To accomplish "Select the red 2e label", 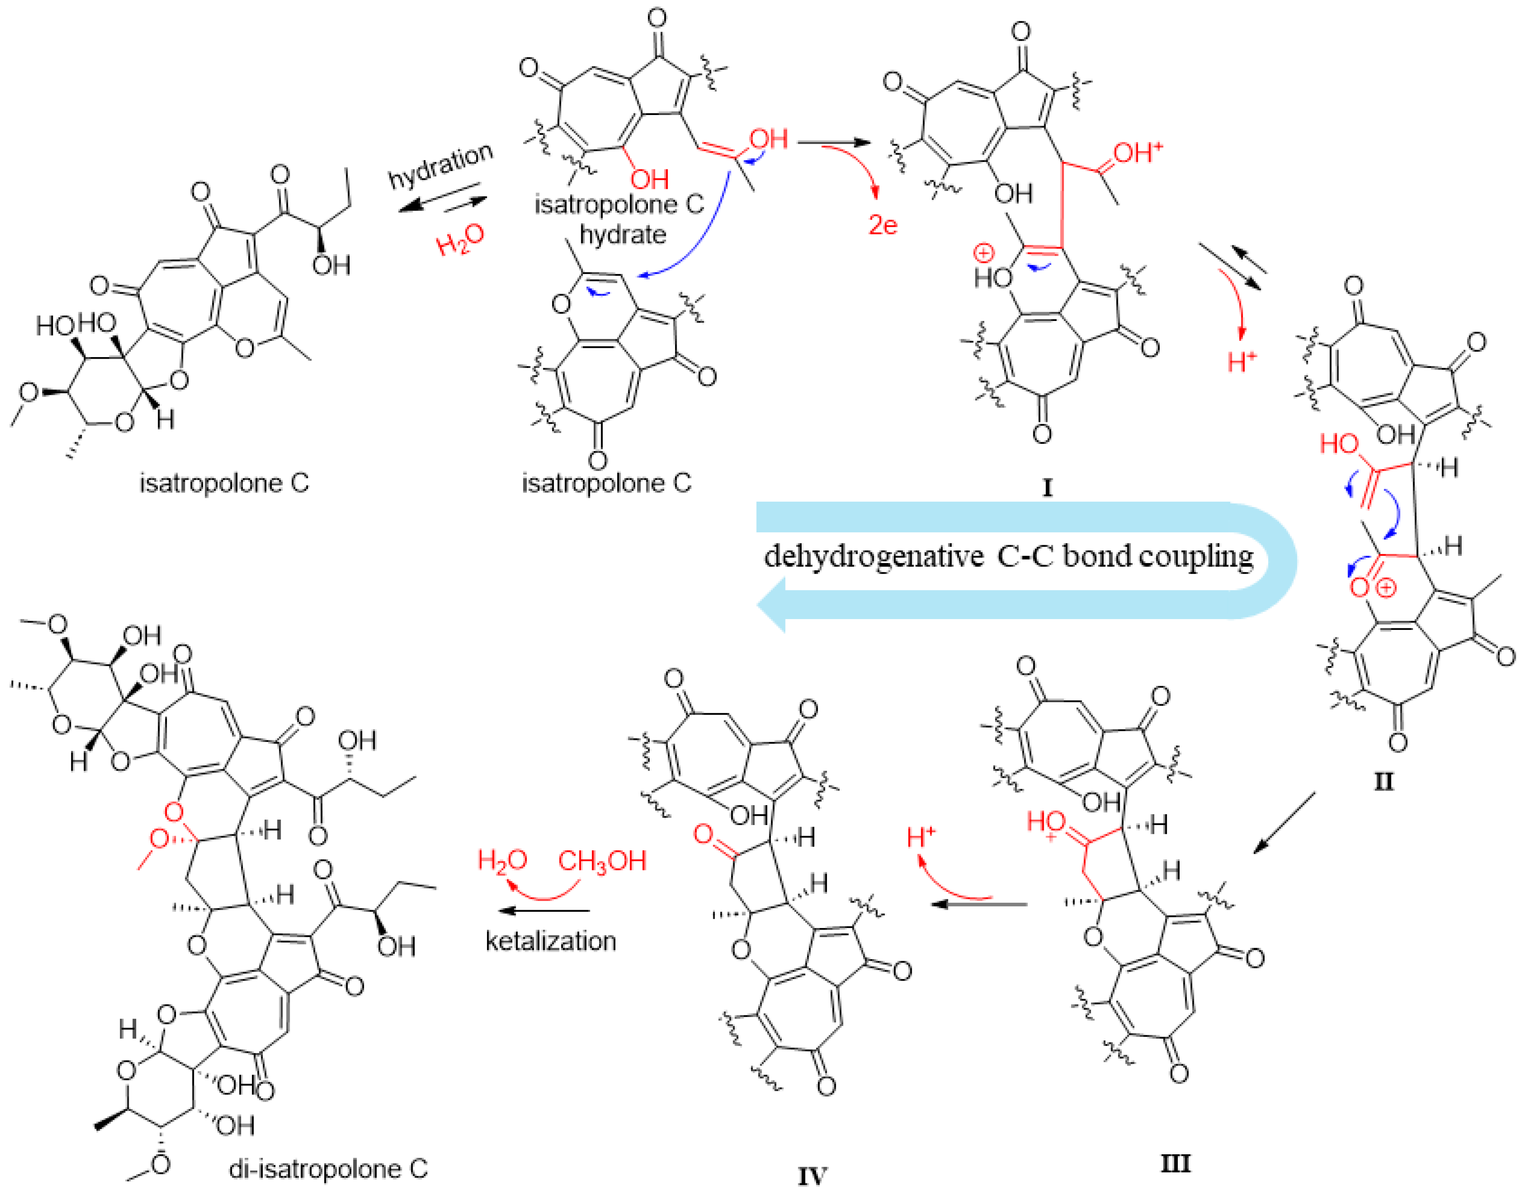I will point(883,225).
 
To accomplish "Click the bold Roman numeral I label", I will point(1047,487).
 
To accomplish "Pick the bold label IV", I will point(813,1175).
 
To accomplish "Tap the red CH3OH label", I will point(602,861).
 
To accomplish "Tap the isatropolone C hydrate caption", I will point(620,218).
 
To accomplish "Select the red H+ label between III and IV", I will point(921,837).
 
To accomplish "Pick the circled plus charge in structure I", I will point(983,252).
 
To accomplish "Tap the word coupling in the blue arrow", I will point(1196,557).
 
